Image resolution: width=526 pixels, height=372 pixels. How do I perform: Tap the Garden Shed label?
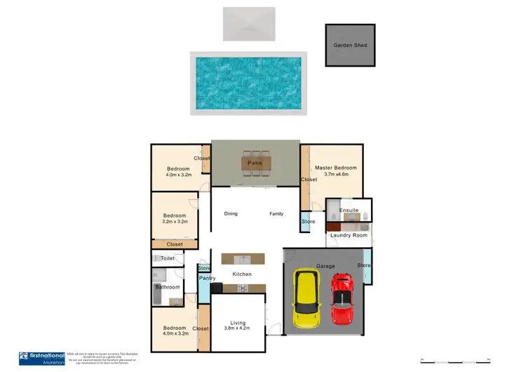coord(350,46)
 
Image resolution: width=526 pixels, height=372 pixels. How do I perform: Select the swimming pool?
coord(249,83)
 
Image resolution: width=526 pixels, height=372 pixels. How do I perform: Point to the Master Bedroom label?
coord(336,168)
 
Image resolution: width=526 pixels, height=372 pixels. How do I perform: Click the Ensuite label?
coord(349,210)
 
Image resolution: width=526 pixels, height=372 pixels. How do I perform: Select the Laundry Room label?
coord(349,235)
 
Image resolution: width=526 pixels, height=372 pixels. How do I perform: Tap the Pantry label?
coord(207,279)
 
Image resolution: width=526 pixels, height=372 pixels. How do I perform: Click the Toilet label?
coord(168,258)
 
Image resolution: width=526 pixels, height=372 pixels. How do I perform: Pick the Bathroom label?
coord(168,287)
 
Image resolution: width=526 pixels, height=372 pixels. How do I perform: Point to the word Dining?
coord(231,213)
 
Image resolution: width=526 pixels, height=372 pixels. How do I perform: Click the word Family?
coord(276,213)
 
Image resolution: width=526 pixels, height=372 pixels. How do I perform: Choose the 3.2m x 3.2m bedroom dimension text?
coord(174,222)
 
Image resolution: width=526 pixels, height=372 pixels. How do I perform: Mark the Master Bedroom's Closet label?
coord(309,180)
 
